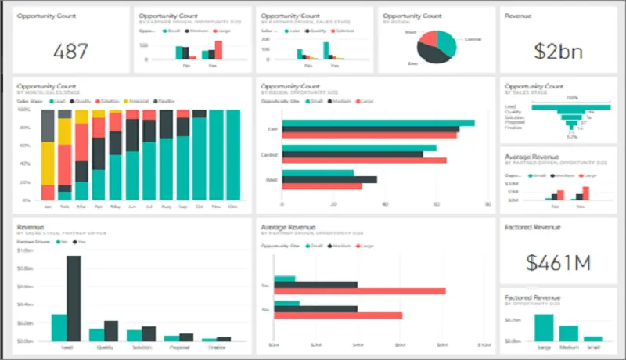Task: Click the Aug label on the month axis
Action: [165, 207]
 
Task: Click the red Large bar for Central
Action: [364, 160]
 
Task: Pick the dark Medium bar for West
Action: [329, 179]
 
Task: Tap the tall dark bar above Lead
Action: [74, 298]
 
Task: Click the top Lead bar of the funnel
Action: [572, 105]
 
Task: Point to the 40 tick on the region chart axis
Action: [385, 205]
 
